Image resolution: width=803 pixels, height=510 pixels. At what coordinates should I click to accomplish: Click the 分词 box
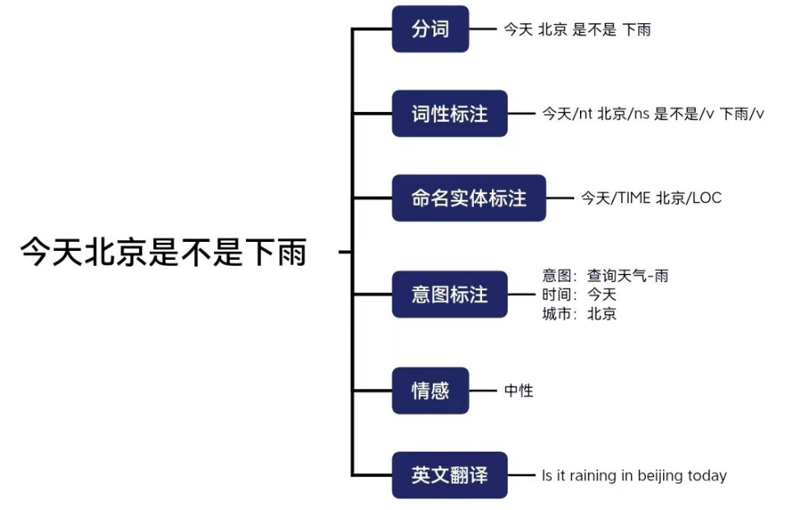coord(430,30)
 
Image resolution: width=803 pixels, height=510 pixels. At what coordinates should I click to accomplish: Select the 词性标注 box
coord(449,114)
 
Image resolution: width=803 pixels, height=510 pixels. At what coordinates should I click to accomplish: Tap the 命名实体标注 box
coord(468,198)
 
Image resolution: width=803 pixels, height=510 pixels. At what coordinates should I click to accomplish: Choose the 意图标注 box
coord(449,294)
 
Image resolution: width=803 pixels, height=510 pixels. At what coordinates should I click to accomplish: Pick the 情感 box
coord(430,391)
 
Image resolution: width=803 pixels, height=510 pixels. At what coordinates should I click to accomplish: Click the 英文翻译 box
coord(449,475)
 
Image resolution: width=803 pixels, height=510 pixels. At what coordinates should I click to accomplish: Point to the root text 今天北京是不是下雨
coord(164,253)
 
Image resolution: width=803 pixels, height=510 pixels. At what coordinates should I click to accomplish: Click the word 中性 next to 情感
coord(519,391)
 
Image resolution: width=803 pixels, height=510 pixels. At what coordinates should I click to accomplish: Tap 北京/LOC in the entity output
coord(689,198)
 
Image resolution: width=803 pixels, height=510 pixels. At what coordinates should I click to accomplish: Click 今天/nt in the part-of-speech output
coord(567,114)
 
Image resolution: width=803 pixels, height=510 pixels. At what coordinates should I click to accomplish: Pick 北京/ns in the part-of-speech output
coord(624,114)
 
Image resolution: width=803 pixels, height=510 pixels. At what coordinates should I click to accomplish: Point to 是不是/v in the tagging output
coord(684,114)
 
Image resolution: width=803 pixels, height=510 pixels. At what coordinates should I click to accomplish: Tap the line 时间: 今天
coord(579,294)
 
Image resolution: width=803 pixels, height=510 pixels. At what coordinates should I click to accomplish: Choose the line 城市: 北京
coord(579,313)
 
